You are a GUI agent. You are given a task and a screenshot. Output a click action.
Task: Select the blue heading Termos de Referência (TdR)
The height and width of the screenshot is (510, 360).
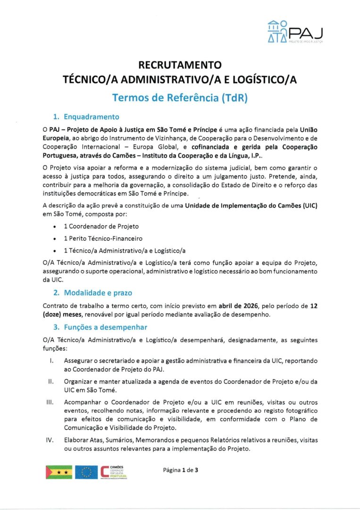[x=180, y=98]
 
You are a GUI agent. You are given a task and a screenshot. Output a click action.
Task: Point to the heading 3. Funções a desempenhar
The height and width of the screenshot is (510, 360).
[x=100, y=327]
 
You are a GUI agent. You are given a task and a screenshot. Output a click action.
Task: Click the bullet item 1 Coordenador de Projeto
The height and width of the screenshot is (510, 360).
[x=101, y=226]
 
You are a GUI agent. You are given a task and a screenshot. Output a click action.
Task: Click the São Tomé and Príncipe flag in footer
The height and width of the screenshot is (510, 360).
[x=59, y=472]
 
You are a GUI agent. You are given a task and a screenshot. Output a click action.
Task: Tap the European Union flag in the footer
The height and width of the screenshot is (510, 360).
[x=86, y=472]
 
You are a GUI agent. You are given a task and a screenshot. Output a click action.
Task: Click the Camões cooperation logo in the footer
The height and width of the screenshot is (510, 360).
[x=114, y=472]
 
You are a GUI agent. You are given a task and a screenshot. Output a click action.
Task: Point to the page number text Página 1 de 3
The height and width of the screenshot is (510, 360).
[x=180, y=470]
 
